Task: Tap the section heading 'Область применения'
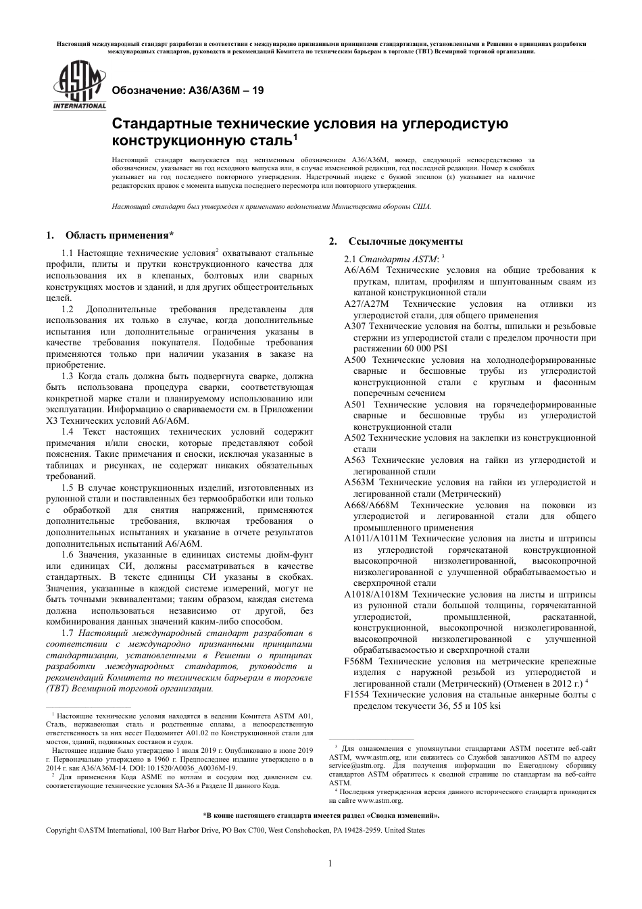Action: [119, 235]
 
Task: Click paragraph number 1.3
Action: [68, 376]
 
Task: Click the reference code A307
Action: [355, 326]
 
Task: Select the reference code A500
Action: [355, 360]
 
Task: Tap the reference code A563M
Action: [359, 483]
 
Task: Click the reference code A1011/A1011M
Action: [376, 539]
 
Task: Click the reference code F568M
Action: [358, 661]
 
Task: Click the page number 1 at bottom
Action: [330, 863]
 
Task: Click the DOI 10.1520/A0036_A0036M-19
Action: [197, 768]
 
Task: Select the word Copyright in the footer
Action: [61, 830]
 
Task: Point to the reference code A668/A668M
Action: [371, 506]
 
